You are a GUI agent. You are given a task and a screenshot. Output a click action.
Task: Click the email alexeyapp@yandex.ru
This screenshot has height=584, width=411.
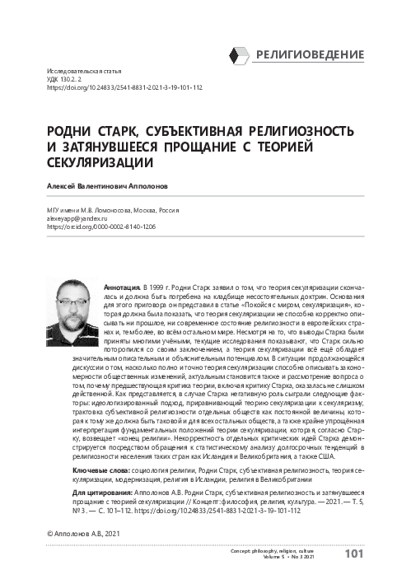82,219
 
